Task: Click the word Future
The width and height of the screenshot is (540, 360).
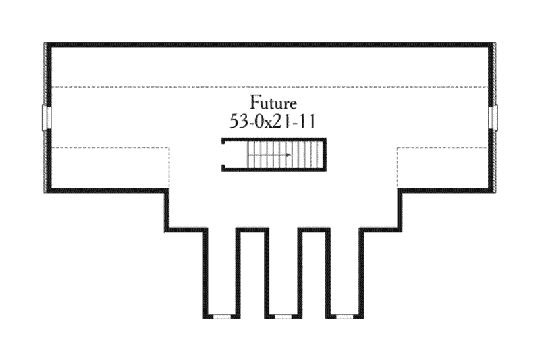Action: (273, 103)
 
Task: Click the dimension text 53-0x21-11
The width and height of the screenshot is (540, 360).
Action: (273, 122)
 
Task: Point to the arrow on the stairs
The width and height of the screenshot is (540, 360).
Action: (270, 155)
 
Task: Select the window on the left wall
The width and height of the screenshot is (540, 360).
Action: (47, 118)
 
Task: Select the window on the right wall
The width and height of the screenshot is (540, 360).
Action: (493, 118)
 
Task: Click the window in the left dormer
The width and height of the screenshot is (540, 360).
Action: (222, 316)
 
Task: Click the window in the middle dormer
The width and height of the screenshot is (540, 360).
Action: (283, 316)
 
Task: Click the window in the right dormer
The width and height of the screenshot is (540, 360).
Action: (345, 316)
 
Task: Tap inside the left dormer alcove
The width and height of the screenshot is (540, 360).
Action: (222, 272)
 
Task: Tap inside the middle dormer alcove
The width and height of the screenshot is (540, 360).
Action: (283, 272)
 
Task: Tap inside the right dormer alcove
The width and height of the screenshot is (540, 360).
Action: (345, 272)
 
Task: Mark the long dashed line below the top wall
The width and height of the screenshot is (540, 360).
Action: (269, 87)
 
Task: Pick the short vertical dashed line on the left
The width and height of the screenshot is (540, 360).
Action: (169, 168)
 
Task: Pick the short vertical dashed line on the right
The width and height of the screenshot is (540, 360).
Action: (398, 168)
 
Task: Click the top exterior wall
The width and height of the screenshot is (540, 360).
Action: (269, 45)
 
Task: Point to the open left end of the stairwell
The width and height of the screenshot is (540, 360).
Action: (223, 155)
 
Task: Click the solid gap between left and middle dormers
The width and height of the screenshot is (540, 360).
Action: (252, 273)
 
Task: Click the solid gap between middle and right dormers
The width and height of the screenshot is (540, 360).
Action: (314, 273)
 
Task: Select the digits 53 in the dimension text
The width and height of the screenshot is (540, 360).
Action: (238, 122)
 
